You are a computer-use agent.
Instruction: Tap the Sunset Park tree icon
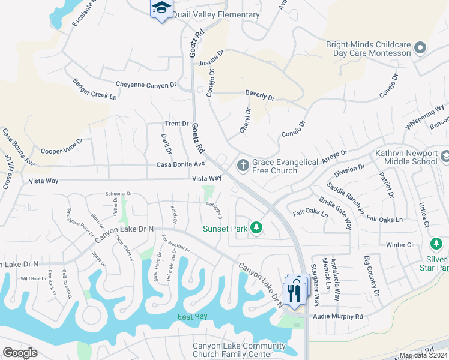pos(256,227)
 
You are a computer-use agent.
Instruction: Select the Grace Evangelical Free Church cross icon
pos(243,164)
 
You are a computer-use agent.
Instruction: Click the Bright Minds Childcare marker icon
pos(420,48)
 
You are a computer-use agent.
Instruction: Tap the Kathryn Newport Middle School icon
pos(445,157)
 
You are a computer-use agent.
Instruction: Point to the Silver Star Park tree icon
pos(437,244)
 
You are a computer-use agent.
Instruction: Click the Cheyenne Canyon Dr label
pos(147,85)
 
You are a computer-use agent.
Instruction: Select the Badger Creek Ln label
pos(95,91)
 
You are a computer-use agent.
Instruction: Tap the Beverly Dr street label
pos(259,96)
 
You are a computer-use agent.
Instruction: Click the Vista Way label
pos(206,179)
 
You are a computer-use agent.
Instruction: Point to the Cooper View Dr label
pos(62,147)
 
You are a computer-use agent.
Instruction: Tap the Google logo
pos(20,353)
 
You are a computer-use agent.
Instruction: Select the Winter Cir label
pos(400,245)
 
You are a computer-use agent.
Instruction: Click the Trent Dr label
pos(177,124)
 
